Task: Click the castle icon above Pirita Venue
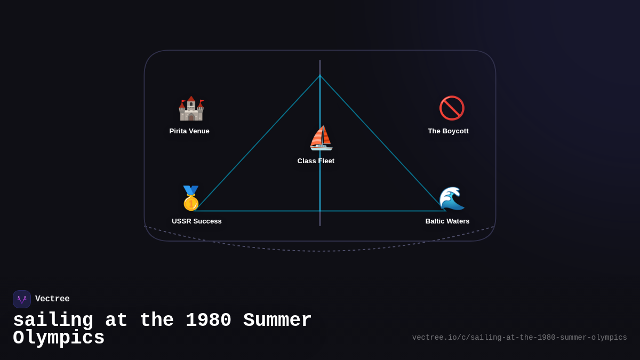point(191,108)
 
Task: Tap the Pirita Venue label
point(189,131)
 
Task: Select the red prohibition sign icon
point(452,108)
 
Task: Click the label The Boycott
point(448,131)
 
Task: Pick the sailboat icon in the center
point(321,138)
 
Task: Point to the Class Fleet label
point(316,161)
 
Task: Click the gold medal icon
point(191,198)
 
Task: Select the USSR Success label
point(197,221)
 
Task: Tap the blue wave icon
point(451,198)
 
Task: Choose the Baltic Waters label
point(447,221)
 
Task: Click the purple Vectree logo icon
point(22,299)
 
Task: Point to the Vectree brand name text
point(52,299)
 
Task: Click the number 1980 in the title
point(209,321)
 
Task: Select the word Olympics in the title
point(59,338)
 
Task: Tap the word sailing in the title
point(53,321)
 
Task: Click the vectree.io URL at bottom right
point(519,338)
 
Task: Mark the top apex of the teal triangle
point(320,76)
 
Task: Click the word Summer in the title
point(277,321)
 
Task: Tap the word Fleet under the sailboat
point(325,161)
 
